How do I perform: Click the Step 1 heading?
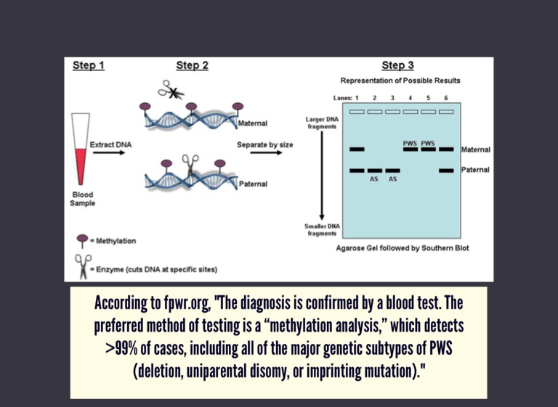click(x=89, y=66)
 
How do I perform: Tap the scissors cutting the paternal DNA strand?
click(x=190, y=163)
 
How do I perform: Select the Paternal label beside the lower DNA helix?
click(x=253, y=184)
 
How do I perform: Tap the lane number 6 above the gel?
click(x=445, y=97)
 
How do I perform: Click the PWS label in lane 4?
click(x=410, y=143)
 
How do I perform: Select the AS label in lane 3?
click(x=392, y=178)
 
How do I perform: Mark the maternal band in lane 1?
click(x=356, y=149)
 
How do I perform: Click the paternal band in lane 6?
click(x=446, y=170)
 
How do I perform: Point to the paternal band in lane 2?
click(x=374, y=170)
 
